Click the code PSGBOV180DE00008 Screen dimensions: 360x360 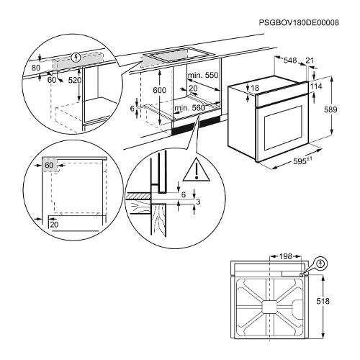pyautogui.click(x=299, y=22)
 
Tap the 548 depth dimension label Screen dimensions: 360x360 pyautogui.click(x=290, y=60)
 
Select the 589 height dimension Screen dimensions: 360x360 pyautogui.click(x=330, y=109)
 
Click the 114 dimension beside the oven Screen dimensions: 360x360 pyautogui.click(x=316, y=86)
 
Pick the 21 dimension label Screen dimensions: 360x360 pyautogui.click(x=310, y=60)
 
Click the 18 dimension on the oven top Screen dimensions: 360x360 pyautogui.click(x=255, y=88)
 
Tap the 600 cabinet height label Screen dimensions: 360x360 pyautogui.click(x=159, y=90)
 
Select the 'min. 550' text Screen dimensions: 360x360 pyautogui.click(x=203, y=75)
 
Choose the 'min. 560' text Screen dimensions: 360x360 pyautogui.click(x=190, y=108)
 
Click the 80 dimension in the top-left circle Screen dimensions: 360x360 pyautogui.click(x=36, y=68)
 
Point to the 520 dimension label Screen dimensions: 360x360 pyautogui.click(x=75, y=80)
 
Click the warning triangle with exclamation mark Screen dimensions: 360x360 pyautogui.click(x=197, y=170)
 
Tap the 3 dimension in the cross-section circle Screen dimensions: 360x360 pyautogui.click(x=198, y=202)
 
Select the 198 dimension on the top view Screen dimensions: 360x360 pyautogui.click(x=285, y=256)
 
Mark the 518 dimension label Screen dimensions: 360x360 pyautogui.click(x=323, y=301)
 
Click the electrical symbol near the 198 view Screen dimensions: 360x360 pyautogui.click(x=320, y=264)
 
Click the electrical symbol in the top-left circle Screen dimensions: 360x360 pyautogui.click(x=76, y=57)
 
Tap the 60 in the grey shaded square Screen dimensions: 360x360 pyautogui.click(x=49, y=165)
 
